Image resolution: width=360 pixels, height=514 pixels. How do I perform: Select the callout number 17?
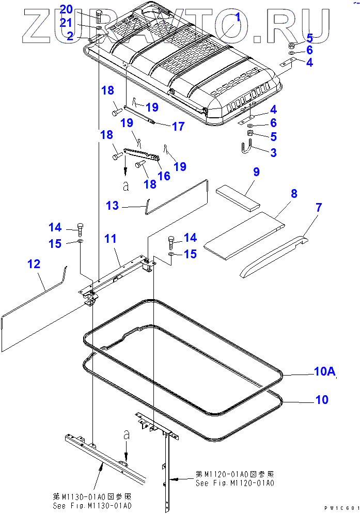tap(178, 126)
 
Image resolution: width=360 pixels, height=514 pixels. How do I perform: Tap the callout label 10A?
tap(325, 371)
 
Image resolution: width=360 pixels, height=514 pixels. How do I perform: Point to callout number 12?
tap(34, 264)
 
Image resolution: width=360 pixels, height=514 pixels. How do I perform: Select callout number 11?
tap(111, 239)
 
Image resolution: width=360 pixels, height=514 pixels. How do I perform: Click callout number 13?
tap(113, 206)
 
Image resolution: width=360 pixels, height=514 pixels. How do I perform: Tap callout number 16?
tap(164, 176)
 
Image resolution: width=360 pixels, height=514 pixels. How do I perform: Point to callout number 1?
tap(238, 18)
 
